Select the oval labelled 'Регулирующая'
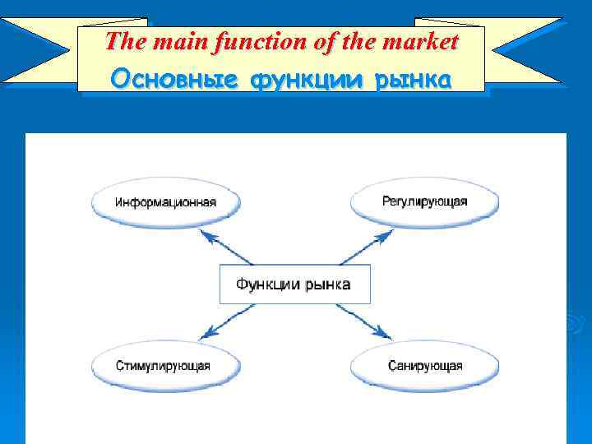424,201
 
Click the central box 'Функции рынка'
294,284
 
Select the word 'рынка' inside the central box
327,284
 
